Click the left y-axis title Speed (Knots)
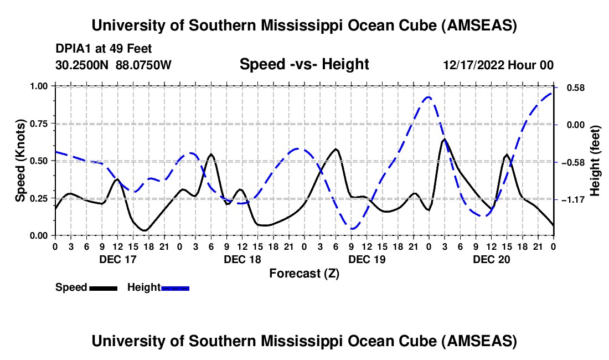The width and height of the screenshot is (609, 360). click(x=20, y=160)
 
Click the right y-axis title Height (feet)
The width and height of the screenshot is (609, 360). click(x=595, y=160)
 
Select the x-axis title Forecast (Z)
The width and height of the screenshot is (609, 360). click(x=303, y=273)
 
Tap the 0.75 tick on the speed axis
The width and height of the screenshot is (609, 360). click(x=40, y=124)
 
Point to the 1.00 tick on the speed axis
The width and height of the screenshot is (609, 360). click(x=40, y=86)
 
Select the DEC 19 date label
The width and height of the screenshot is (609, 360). click(x=366, y=259)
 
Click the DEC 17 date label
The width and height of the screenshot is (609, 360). click(x=117, y=259)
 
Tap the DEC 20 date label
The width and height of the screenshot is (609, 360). click(x=491, y=259)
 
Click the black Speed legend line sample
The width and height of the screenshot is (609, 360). click(x=103, y=288)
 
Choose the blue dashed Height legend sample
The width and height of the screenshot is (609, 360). click(x=175, y=288)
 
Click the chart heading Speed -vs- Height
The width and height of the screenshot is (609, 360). click(x=304, y=64)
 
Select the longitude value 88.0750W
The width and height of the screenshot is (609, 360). click(x=144, y=65)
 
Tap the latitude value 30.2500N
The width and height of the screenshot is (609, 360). click(x=83, y=65)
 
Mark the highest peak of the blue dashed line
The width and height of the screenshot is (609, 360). click(x=428, y=97)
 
